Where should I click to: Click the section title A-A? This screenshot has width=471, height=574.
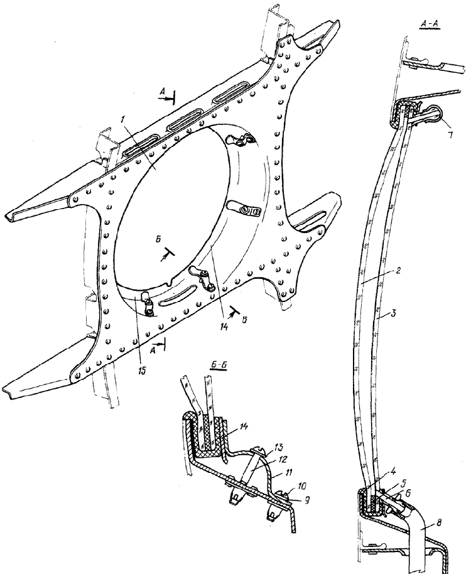tap(430, 23)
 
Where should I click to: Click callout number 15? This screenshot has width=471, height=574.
tap(142, 371)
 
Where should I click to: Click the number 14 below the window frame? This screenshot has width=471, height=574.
tap(225, 326)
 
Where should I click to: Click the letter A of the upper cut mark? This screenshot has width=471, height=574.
tap(162, 94)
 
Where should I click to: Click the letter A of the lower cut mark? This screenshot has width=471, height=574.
tap(154, 350)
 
